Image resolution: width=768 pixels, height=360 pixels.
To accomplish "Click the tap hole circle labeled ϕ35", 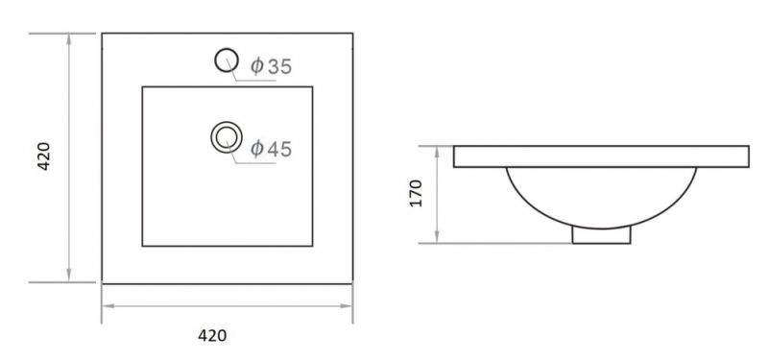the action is [227, 50].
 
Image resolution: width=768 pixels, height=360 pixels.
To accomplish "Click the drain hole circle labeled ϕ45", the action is [227, 123].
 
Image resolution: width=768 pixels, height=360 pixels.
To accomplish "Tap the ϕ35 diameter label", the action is [271, 66].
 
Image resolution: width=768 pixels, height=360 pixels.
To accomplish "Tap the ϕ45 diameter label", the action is [271, 149].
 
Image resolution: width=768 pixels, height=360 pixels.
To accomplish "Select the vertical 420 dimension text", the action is [44, 156].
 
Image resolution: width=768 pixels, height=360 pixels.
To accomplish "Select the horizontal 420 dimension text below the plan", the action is [212, 335].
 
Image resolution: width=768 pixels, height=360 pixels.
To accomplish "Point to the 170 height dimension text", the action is [416, 194].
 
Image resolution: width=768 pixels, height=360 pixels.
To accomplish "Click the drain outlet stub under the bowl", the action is [602, 235].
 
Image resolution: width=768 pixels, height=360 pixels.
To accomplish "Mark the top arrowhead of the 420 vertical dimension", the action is [68, 39].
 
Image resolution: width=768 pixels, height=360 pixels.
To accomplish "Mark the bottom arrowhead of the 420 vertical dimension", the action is [68, 276].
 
